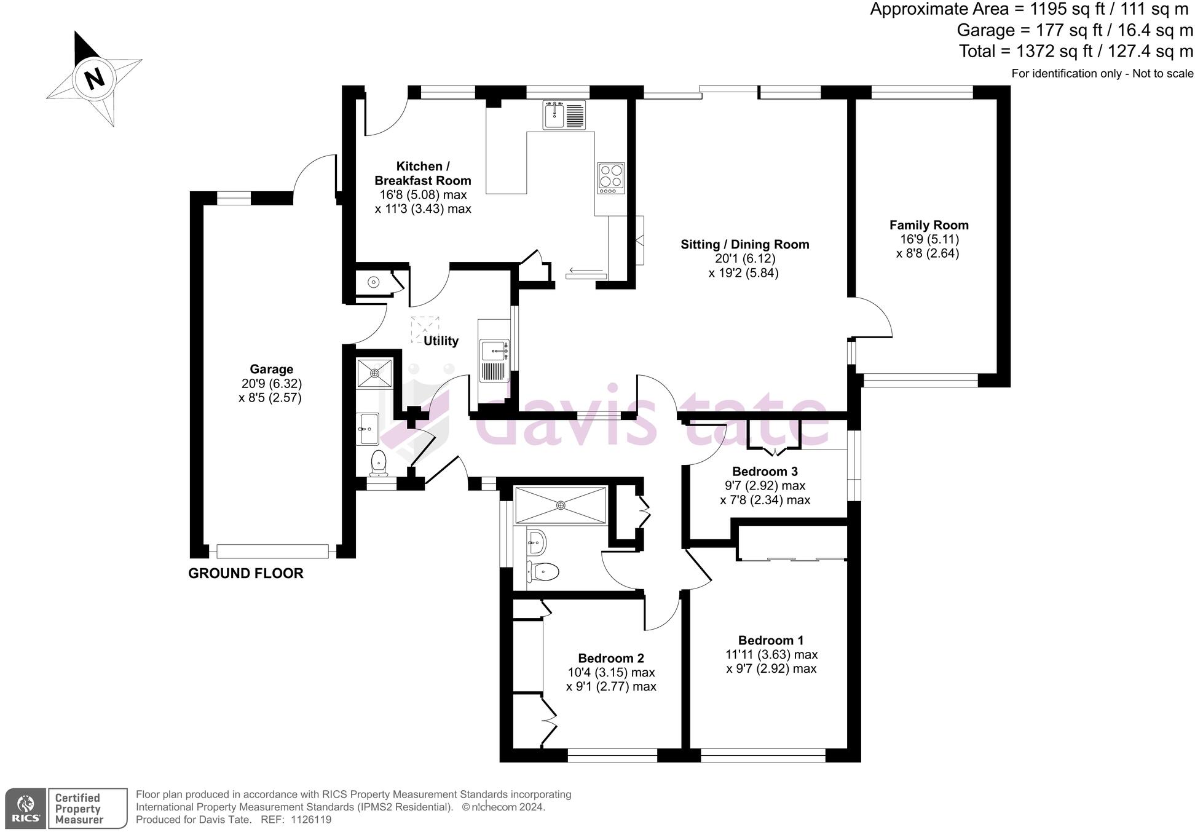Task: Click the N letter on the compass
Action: [x=94, y=79]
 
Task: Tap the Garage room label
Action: [x=271, y=369]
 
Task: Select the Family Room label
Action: [x=928, y=225]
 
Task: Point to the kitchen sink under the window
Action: [x=564, y=115]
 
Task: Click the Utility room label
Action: [x=441, y=341]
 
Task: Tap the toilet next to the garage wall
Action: [x=379, y=462]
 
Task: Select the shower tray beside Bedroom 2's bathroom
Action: [x=560, y=505]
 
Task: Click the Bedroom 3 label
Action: [x=765, y=472]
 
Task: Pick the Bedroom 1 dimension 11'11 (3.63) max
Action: [x=771, y=654]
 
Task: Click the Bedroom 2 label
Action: [x=610, y=659]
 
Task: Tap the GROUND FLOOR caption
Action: [x=245, y=573]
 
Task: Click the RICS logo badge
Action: [x=25, y=808]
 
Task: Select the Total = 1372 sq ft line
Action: [x=1076, y=51]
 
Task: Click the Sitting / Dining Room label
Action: [x=744, y=244]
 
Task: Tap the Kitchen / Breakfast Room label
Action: [x=422, y=173]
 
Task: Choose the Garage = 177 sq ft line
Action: [x=1075, y=30]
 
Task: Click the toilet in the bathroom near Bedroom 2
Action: [x=543, y=572]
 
